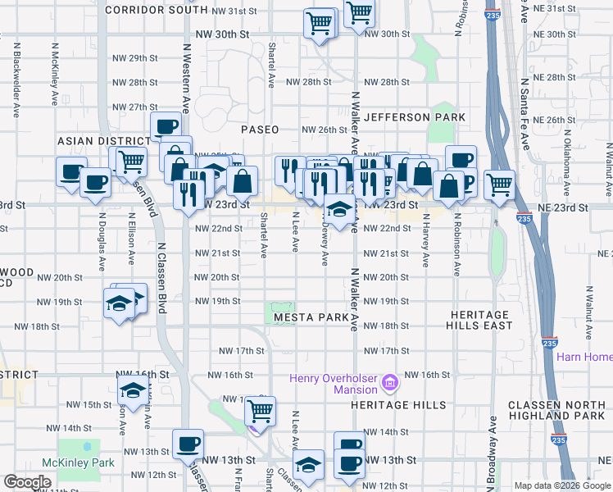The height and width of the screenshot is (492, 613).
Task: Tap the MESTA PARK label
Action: (311, 317)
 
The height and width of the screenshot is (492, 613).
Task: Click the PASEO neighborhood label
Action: (260, 130)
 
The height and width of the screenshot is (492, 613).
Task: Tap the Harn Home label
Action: (583, 357)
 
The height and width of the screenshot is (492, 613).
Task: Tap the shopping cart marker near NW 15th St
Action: (260, 409)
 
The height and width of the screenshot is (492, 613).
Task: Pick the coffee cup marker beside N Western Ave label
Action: (166, 126)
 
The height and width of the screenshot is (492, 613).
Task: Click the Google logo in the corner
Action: (28, 482)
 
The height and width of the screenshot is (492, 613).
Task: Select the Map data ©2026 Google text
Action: (561, 485)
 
